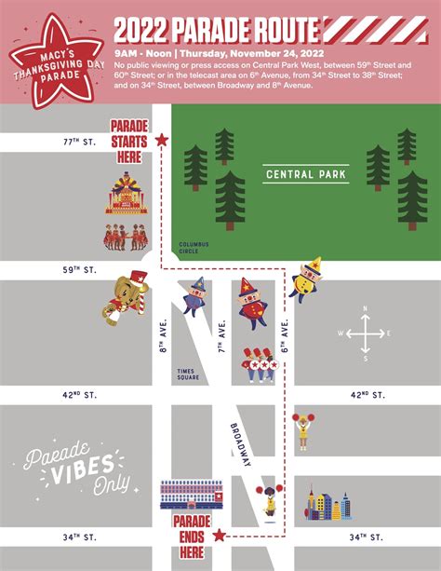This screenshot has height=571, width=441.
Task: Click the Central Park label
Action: click(x=305, y=173)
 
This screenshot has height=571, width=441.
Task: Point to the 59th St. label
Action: click(x=78, y=270)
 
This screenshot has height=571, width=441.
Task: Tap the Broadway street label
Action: click(x=240, y=445)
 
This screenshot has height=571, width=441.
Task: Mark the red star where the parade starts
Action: click(x=162, y=140)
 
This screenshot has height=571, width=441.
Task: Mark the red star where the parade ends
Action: click(x=220, y=536)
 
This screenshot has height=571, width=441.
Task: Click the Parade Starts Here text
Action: click(x=129, y=141)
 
